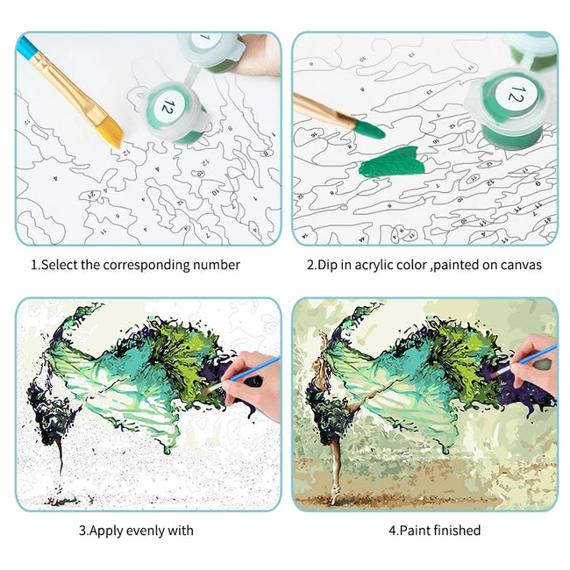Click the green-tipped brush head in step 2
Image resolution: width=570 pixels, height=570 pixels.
pos(366,131)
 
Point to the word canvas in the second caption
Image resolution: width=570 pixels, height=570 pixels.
pos(523,264)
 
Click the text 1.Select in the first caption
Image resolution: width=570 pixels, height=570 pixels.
pos(54,264)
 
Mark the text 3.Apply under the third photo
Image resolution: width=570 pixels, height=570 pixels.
pos(99,530)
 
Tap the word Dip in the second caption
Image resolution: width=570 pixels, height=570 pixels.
pos(331,264)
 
